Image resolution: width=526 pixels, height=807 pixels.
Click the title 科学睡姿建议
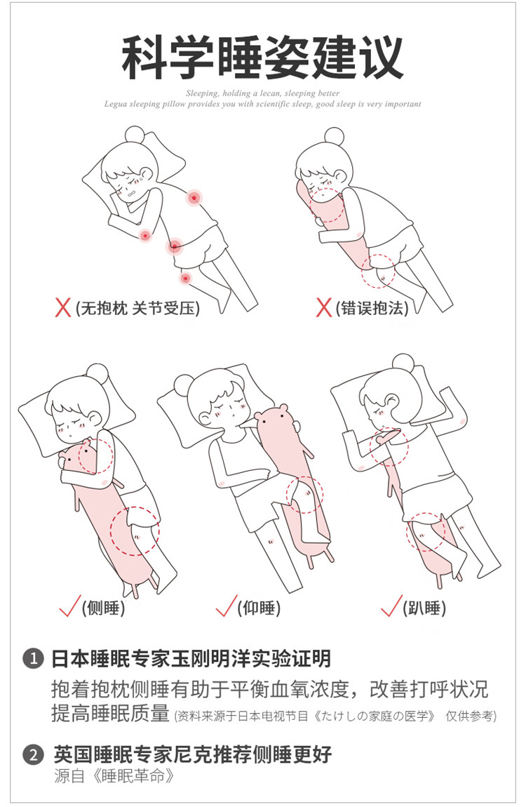(x=262, y=56)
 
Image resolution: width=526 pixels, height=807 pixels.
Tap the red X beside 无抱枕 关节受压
(x=62, y=308)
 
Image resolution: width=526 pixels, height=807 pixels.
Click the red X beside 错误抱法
(x=323, y=308)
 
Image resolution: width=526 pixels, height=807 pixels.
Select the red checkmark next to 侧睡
(x=70, y=606)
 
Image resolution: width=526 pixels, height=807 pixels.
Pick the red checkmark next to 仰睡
(x=227, y=606)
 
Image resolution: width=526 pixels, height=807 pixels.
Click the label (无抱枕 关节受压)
(x=137, y=309)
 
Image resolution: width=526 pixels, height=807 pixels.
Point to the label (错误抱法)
(x=372, y=308)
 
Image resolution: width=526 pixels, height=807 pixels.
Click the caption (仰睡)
(x=259, y=608)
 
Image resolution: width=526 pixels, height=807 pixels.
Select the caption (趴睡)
(x=424, y=608)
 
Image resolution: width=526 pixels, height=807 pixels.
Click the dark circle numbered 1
(x=34, y=659)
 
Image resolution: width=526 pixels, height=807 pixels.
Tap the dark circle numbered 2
(x=34, y=755)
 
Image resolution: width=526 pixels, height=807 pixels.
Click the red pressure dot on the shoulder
(x=194, y=197)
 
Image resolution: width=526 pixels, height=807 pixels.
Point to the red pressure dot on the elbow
(x=145, y=236)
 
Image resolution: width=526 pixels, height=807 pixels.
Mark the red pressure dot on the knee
(x=185, y=279)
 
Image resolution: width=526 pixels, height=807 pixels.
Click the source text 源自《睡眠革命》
(x=114, y=775)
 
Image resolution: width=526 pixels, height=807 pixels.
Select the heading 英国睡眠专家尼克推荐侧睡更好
(x=193, y=754)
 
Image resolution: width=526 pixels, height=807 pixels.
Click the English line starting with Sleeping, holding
(x=263, y=93)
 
